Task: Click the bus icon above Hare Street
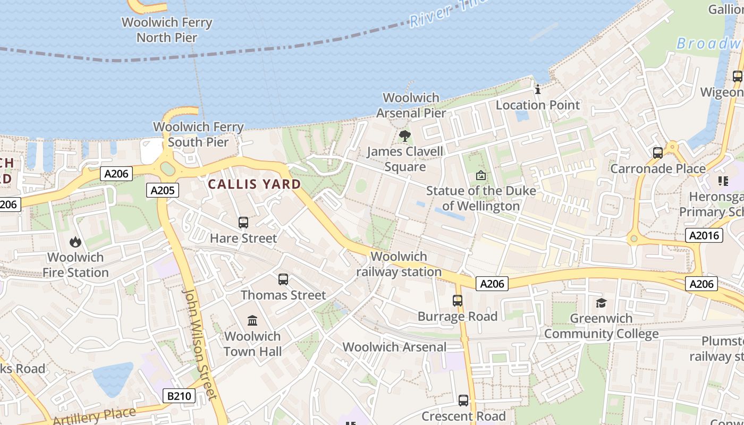click(x=243, y=223)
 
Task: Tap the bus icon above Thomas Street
click(x=283, y=279)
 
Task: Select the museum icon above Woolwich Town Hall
click(x=252, y=320)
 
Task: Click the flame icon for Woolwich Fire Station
click(x=75, y=242)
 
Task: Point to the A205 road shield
click(x=163, y=190)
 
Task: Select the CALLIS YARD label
click(x=254, y=184)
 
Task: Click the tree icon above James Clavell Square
click(x=405, y=136)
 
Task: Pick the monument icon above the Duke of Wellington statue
click(x=480, y=175)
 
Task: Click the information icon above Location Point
click(x=538, y=89)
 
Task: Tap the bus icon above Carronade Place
click(x=658, y=153)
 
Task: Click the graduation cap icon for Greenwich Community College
click(x=601, y=303)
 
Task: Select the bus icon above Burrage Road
click(x=458, y=301)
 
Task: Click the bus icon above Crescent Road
click(x=463, y=401)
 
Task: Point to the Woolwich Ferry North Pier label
click(x=167, y=30)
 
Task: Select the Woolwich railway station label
click(x=399, y=264)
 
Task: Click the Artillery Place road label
click(x=95, y=415)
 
